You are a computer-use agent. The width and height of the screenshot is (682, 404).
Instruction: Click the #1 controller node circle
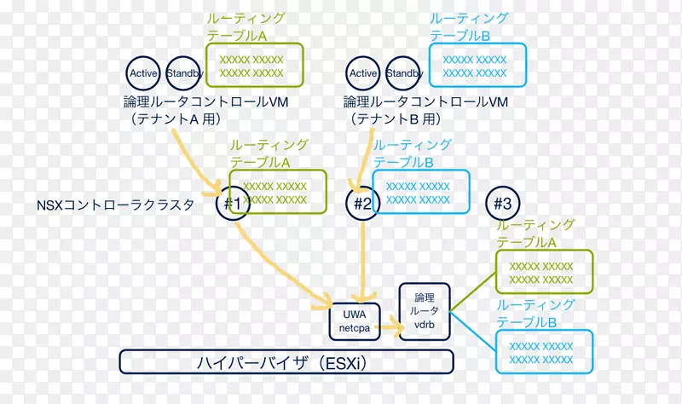(x=233, y=204)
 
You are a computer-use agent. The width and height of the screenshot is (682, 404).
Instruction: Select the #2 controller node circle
(x=364, y=204)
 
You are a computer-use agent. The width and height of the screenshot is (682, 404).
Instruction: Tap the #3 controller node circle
(x=503, y=204)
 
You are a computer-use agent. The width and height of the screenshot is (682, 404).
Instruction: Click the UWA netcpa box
(x=353, y=319)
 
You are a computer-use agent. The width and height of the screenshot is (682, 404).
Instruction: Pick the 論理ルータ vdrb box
(x=424, y=313)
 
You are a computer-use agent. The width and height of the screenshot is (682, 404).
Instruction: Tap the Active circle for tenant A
(x=144, y=73)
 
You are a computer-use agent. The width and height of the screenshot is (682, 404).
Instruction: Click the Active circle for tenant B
(x=363, y=73)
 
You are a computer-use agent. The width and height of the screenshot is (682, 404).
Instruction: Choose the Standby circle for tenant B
(x=404, y=73)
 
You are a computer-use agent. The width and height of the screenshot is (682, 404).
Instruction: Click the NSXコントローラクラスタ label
(x=115, y=205)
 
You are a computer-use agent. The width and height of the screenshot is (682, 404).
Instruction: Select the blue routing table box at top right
(x=478, y=66)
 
